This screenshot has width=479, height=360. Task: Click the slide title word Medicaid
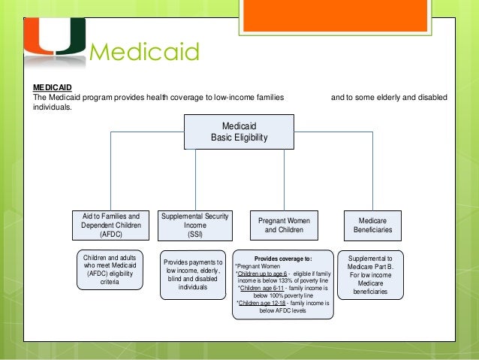[145, 53]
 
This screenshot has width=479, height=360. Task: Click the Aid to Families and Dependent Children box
[110, 225]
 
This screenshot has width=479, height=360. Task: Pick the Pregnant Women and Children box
[284, 225]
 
